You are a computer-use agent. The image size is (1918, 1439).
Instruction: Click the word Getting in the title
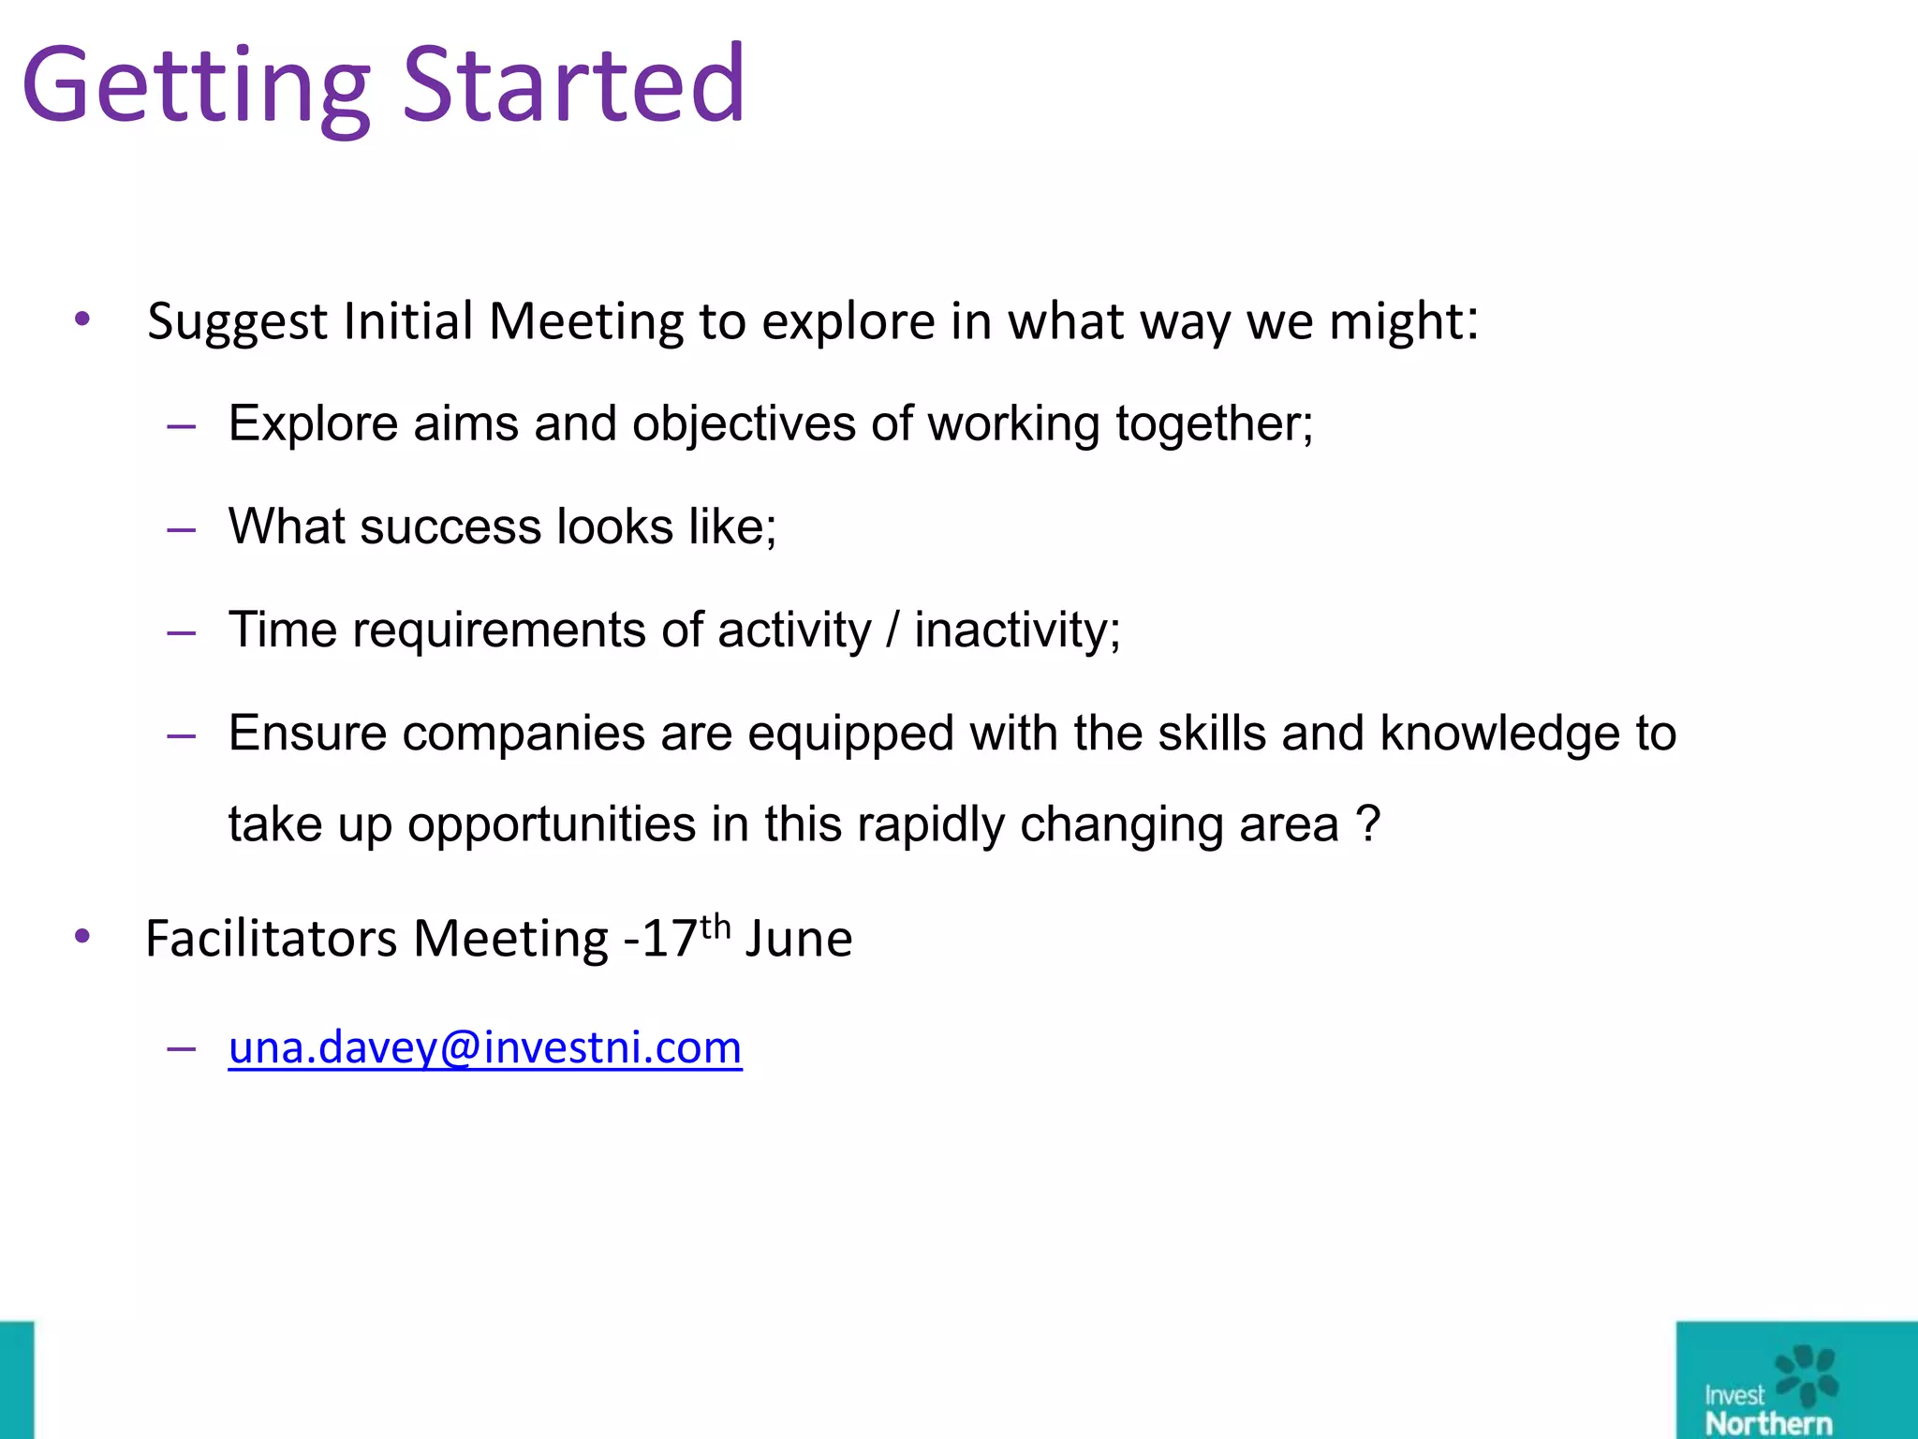point(197,86)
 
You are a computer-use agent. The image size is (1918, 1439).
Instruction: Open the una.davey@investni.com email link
point(485,1046)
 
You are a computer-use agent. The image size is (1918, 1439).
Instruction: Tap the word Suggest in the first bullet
point(237,322)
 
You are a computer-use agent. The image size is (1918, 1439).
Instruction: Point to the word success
point(450,527)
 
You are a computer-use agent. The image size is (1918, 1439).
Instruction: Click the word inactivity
point(1015,630)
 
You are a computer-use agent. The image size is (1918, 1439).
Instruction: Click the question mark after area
point(1368,824)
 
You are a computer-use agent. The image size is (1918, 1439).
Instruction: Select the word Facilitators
point(272,939)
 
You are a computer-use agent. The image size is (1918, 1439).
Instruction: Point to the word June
point(799,939)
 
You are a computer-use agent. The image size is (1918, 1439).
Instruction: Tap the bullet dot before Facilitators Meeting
point(82,936)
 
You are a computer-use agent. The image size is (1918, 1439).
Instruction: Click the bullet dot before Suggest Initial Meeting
point(82,319)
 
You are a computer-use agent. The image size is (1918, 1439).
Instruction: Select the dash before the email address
point(181,1048)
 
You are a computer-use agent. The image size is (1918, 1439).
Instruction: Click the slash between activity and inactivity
point(893,630)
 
